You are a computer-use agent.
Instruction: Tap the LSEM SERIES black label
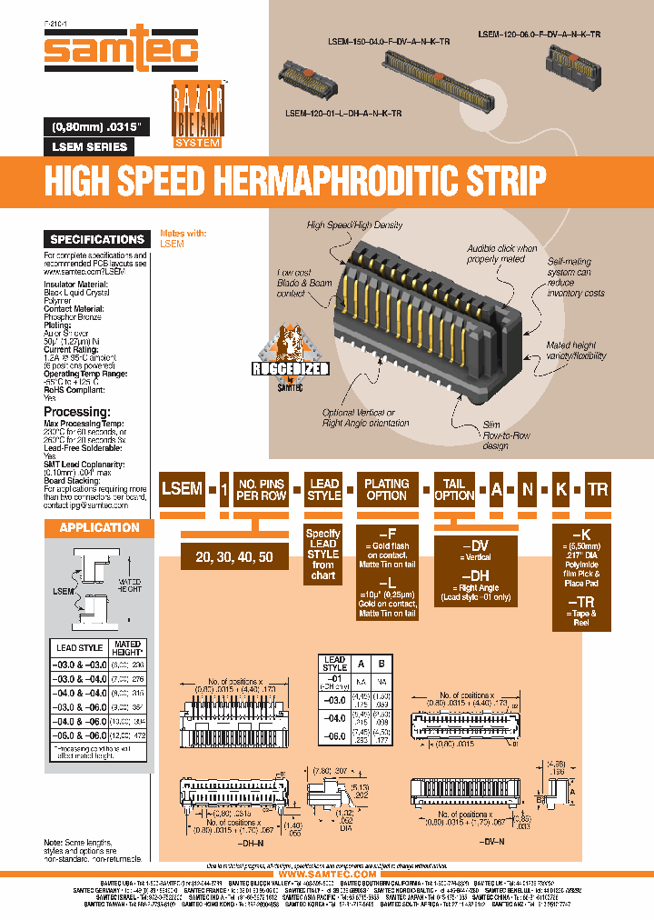coord(88,146)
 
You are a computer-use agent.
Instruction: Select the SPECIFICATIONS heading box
coord(97,239)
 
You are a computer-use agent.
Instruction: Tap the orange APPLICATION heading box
coord(99,527)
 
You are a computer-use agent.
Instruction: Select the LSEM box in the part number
coord(182,489)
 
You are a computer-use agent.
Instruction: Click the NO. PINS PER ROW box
coord(261,489)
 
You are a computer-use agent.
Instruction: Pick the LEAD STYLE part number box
coord(324,489)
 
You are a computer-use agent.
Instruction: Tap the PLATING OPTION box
coord(387,489)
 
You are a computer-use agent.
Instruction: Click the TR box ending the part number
coord(597,489)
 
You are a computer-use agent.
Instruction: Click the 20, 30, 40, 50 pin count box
coord(233,557)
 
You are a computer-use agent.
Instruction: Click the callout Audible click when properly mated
coord(502,254)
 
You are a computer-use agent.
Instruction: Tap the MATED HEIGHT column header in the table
coord(127,648)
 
